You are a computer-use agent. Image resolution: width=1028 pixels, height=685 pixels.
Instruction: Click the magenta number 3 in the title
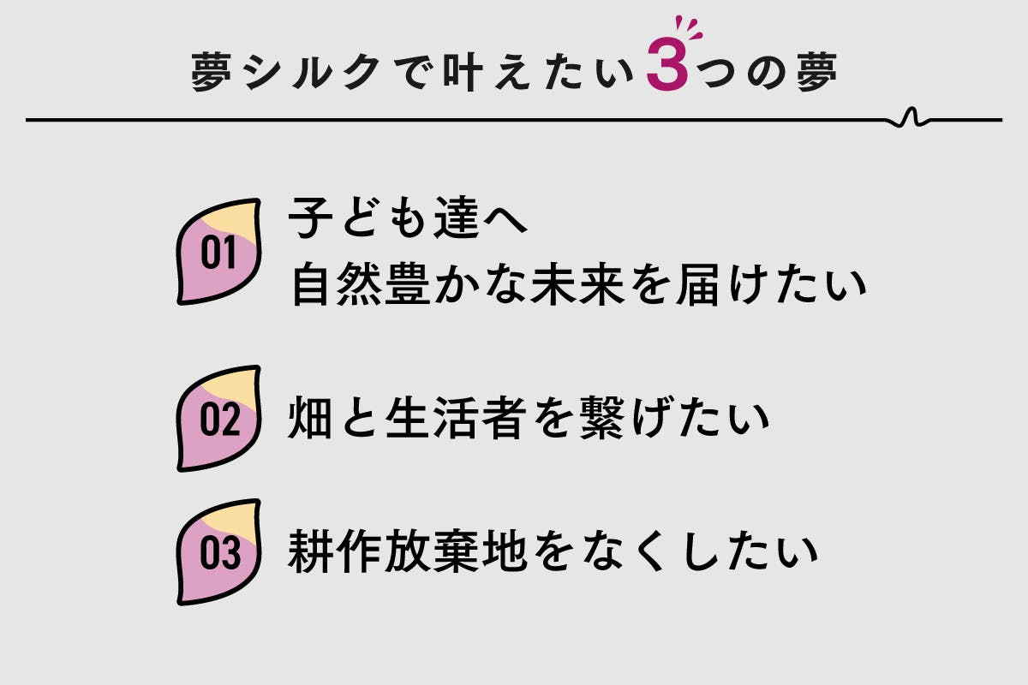tap(667, 64)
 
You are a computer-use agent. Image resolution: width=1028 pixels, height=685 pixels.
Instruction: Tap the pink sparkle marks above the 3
tap(689, 27)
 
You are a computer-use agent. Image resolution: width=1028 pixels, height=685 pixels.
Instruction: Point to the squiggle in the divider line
tap(911, 117)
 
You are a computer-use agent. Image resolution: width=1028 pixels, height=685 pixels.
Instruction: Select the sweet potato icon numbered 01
tap(219, 252)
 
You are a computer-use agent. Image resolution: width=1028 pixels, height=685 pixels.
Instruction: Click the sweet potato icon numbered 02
tap(219, 419)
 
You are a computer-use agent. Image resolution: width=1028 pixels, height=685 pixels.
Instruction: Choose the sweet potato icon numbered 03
tap(219, 552)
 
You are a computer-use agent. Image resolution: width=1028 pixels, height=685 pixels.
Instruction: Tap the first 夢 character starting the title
tap(211, 72)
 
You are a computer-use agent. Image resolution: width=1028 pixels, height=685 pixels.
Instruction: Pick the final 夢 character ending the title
tap(817, 72)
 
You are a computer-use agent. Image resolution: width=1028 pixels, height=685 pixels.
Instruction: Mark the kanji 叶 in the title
tap(463, 72)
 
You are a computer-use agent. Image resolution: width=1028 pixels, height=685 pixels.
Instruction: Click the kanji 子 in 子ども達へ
tap(310, 217)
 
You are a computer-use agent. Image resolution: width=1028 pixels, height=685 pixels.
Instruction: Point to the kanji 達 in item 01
tap(457, 217)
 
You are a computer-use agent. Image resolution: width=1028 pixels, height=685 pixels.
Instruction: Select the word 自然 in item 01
tap(337, 284)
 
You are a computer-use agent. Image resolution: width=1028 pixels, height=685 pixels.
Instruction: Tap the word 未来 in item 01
tap(577, 284)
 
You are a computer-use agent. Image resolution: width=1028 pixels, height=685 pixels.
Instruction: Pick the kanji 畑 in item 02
tap(309, 418)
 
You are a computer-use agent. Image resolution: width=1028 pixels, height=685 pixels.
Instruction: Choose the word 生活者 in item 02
tap(456, 418)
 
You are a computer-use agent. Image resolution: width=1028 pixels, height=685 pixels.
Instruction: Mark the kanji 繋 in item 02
tap(602, 418)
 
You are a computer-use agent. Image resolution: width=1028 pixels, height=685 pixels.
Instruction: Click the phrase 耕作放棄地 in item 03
tap(407, 551)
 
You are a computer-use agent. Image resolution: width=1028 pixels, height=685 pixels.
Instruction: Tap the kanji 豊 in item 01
tap(408, 284)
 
